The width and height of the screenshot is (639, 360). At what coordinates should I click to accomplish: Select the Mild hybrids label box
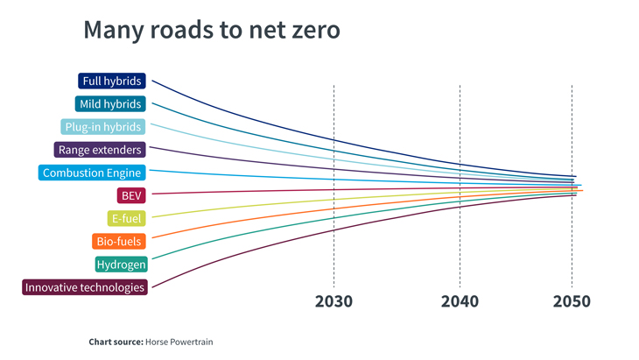(x=110, y=104)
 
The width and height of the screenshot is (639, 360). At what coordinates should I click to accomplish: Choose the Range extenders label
(x=99, y=150)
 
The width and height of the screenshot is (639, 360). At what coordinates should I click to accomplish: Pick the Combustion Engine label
(x=92, y=173)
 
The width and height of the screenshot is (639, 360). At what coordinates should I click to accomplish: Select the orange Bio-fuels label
(x=118, y=241)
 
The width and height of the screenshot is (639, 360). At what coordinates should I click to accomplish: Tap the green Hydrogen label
(x=121, y=264)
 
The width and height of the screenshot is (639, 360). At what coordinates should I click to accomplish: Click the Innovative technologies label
(x=84, y=286)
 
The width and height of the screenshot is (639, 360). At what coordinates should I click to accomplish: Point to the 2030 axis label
(x=334, y=301)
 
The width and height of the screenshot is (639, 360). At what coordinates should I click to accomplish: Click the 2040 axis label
(x=460, y=301)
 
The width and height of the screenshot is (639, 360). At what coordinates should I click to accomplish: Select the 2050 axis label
(x=572, y=301)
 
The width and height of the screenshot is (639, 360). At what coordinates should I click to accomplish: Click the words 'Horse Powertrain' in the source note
(x=179, y=342)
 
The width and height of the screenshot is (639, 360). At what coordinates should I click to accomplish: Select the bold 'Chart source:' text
(x=116, y=342)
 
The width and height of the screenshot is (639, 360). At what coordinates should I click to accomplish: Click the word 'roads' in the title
(x=182, y=31)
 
